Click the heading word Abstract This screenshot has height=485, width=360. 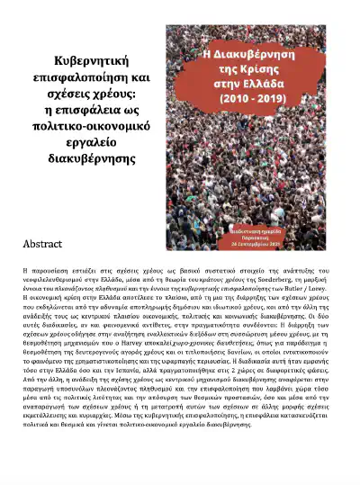coord(44,244)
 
